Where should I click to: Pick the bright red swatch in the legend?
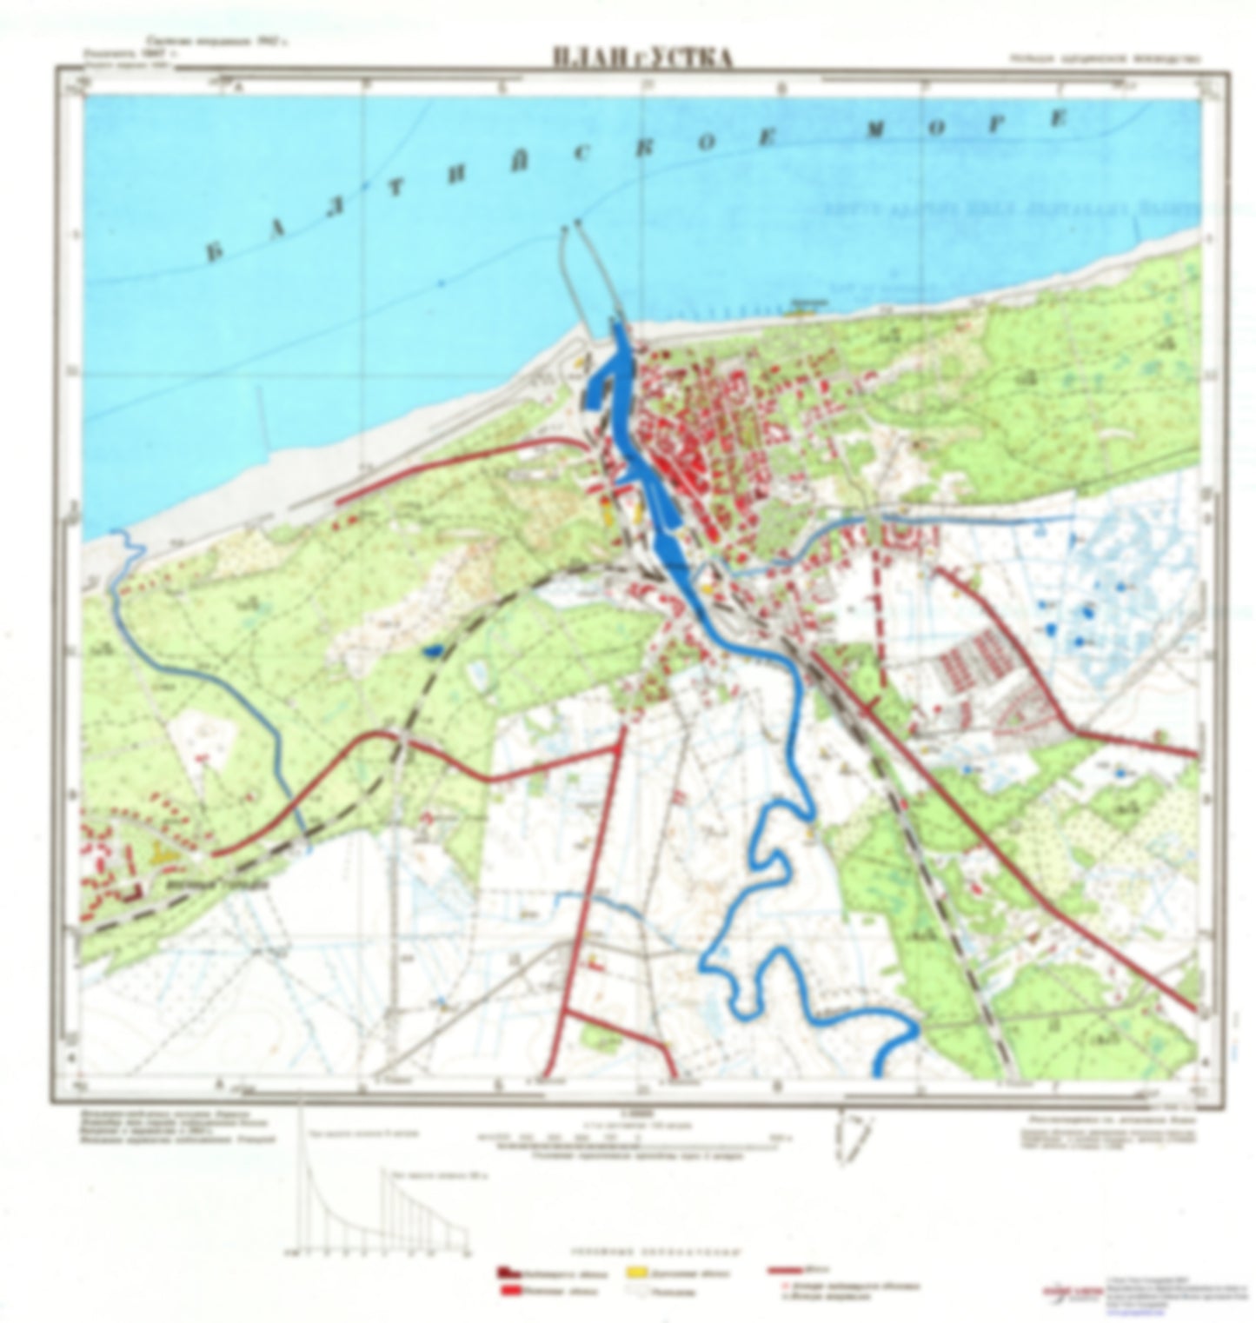504,1291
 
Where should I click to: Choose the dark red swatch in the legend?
504,1273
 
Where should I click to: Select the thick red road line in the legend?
786,1271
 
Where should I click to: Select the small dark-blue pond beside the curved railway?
432,648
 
